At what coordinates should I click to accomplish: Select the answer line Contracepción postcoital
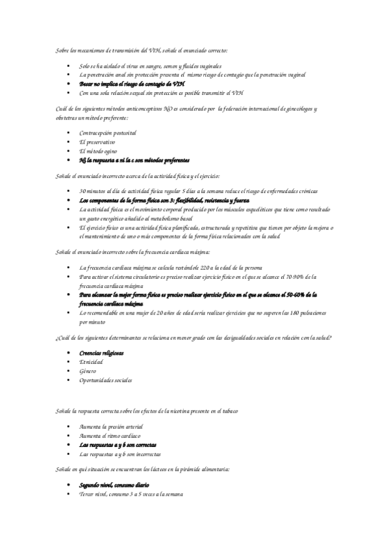click(107, 133)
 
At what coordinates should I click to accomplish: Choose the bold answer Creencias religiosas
click(101, 353)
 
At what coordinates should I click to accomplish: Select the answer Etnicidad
click(91, 361)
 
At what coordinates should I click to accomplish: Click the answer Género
click(88, 370)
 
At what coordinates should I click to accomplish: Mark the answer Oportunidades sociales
click(105, 379)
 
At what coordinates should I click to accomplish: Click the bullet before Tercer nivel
click(69, 494)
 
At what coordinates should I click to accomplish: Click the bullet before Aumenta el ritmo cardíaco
click(69, 436)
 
